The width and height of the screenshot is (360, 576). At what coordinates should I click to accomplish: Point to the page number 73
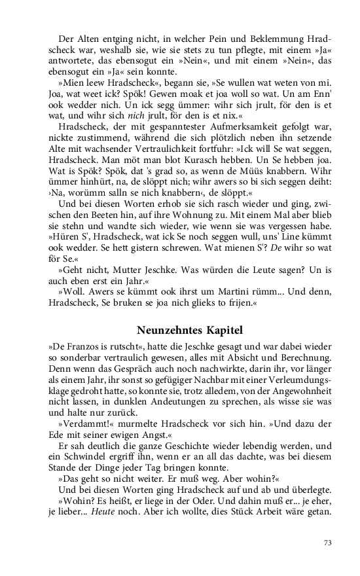[x=328, y=542]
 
